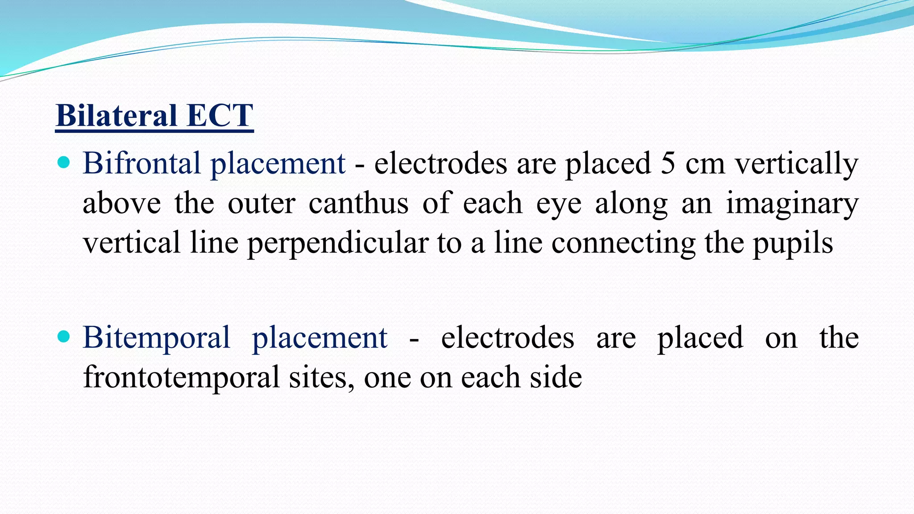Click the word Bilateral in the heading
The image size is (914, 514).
(117, 116)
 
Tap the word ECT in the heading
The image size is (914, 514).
(220, 116)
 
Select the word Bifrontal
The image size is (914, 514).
(141, 163)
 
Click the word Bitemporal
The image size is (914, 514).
(156, 337)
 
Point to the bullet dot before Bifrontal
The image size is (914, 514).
(64, 162)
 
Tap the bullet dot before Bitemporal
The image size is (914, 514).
(64, 336)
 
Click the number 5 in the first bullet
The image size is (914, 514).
(668, 163)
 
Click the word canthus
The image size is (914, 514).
(358, 203)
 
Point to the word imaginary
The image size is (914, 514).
(792, 204)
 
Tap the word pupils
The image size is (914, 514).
(793, 244)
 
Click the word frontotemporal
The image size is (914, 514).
(181, 377)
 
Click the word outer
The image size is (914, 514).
(261, 203)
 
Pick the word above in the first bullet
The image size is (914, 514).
(121, 203)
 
